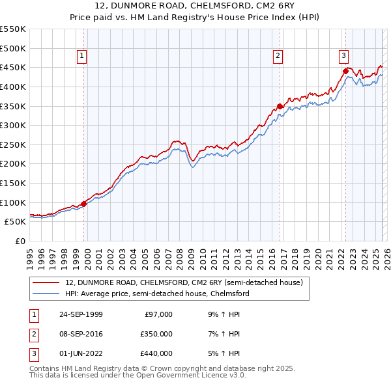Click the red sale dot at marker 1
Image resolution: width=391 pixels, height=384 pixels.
pyautogui.click(x=84, y=204)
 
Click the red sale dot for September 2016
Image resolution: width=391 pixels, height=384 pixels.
pyautogui.click(x=280, y=106)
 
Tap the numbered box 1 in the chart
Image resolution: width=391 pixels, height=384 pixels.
pyautogui.click(x=82, y=57)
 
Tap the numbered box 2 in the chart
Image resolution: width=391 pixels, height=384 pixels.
pyautogui.click(x=278, y=57)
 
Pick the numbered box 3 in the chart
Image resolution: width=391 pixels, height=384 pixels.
pyautogui.click(x=343, y=57)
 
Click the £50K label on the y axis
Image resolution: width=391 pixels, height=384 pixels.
pyautogui.click(x=16, y=221)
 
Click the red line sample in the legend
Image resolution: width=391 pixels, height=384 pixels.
pyautogui.click(x=48, y=283)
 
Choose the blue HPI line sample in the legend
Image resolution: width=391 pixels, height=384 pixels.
pyautogui.click(x=48, y=294)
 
